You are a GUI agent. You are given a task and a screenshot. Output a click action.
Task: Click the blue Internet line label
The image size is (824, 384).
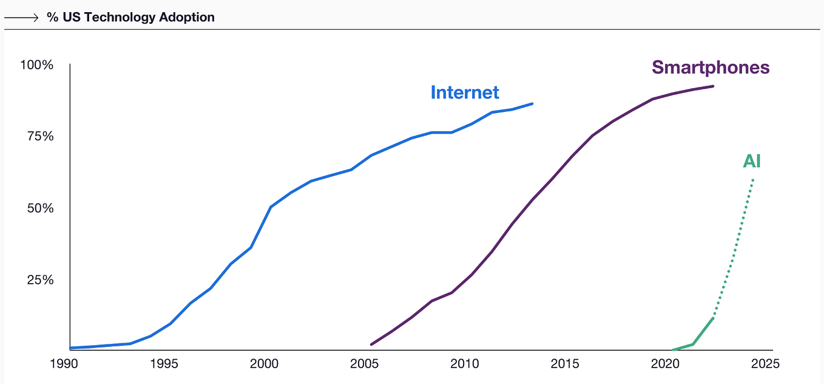pyautogui.click(x=465, y=92)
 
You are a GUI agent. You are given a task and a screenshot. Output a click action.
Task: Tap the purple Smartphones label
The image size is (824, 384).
pyautogui.click(x=711, y=67)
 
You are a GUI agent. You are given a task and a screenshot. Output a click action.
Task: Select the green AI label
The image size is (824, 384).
pyautogui.click(x=751, y=162)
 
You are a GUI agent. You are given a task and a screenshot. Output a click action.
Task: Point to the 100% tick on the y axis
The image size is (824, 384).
pyautogui.click(x=37, y=64)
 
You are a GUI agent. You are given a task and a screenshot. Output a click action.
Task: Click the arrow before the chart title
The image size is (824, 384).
pyautogui.click(x=22, y=18)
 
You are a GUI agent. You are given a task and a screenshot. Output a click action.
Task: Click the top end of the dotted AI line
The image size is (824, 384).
pyautogui.click(x=753, y=179)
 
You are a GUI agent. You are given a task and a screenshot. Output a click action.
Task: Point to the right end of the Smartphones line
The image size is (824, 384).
pyautogui.click(x=713, y=86)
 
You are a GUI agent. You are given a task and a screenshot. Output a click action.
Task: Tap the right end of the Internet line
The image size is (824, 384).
pyautogui.click(x=532, y=104)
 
